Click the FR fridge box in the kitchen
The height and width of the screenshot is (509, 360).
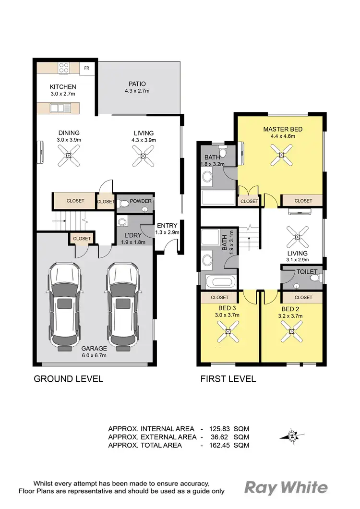(87, 68)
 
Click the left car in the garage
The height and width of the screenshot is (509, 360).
(63, 304)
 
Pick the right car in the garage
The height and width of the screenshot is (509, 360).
(122, 304)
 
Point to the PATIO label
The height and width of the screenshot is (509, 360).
(137, 84)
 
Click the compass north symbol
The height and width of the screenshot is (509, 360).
(291, 436)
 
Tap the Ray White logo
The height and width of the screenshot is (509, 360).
(286, 488)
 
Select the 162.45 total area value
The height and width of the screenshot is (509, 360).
(217, 445)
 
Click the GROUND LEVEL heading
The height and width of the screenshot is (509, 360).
(68, 379)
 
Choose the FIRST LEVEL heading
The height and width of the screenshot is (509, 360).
(228, 379)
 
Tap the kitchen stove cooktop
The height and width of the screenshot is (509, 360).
(63, 68)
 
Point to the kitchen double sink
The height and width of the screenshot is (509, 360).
(60, 108)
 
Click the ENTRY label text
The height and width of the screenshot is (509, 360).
(167, 225)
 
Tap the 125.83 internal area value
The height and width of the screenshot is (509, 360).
(217, 428)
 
